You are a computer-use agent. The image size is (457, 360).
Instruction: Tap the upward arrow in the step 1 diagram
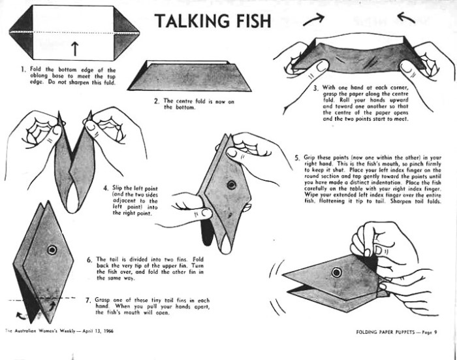pyautogui.click(x=75, y=48)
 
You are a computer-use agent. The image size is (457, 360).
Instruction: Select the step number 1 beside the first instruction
pyautogui.click(x=23, y=69)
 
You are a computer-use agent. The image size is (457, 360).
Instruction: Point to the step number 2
pyautogui.click(x=157, y=101)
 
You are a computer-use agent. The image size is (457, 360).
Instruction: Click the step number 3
pyautogui.click(x=316, y=88)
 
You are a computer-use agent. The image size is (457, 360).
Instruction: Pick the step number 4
pyautogui.click(x=106, y=188)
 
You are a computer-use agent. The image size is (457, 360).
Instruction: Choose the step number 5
pyautogui.click(x=297, y=158)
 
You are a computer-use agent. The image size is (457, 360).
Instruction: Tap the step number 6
pyautogui.click(x=89, y=259)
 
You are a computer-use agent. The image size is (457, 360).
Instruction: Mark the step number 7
pyautogui.click(x=89, y=300)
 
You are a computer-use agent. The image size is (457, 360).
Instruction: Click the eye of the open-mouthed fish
pyautogui.click(x=336, y=272)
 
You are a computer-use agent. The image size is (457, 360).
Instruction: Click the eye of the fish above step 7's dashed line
pyautogui.click(x=52, y=250)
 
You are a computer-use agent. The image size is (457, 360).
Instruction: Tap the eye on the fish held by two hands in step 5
pyautogui.click(x=232, y=185)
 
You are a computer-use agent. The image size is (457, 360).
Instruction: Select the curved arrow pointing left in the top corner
pyautogui.click(x=405, y=18)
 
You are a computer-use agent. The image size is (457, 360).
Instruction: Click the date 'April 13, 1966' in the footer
pyautogui.click(x=98, y=331)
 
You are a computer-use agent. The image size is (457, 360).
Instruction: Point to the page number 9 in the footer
pyautogui.click(x=435, y=332)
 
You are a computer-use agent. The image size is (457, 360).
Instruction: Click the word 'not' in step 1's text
pyautogui.click(x=61, y=82)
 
